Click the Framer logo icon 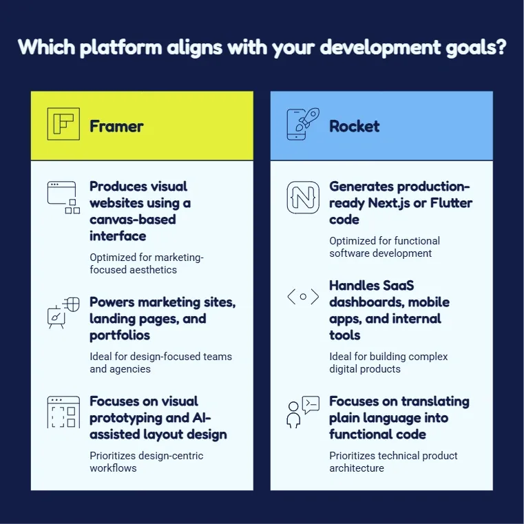pos(63,124)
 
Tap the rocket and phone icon pos(303,124)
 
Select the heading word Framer pos(116,126)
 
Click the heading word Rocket pos(354,126)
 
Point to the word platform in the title pos(121,47)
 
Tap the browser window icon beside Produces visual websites pos(63,197)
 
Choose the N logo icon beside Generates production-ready pos(303,197)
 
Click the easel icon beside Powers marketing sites pos(63,313)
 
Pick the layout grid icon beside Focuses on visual pos(63,412)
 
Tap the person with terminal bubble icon pos(303,412)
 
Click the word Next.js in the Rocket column pos(388,203)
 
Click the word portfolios pos(120,335)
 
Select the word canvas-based pos(133,220)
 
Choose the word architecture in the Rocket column pos(357,468)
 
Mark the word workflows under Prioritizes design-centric pos(113,468)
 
